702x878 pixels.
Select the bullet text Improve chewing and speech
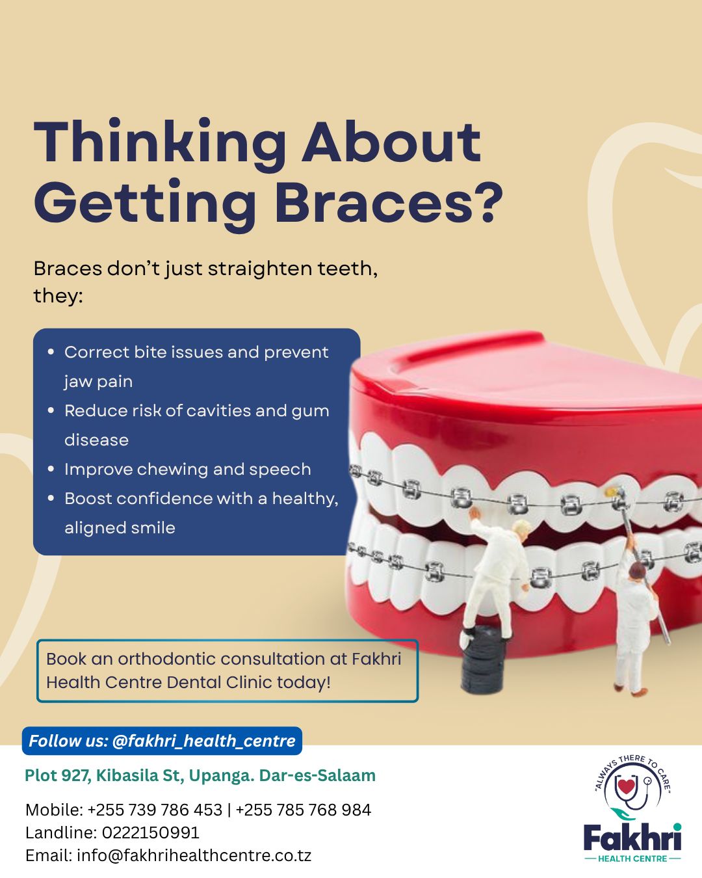click(x=187, y=469)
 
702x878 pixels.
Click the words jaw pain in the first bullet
click(x=98, y=381)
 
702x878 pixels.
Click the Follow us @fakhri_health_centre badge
click(x=162, y=741)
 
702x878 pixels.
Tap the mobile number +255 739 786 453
click(x=155, y=810)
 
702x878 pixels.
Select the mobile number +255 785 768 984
click(x=304, y=810)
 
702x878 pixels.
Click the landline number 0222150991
click(x=151, y=832)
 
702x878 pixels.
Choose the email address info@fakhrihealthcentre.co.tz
click(x=194, y=855)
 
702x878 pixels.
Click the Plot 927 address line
click(x=200, y=775)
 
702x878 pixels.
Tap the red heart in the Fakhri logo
click(x=626, y=786)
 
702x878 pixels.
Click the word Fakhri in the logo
click(x=632, y=838)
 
